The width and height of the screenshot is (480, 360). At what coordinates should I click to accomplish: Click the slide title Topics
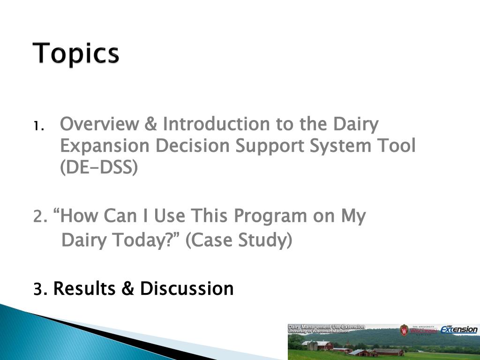[x=75, y=53]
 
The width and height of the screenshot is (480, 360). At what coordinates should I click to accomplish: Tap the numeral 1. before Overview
[x=39, y=126]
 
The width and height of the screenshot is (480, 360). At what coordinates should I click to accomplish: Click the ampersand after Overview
[x=150, y=124]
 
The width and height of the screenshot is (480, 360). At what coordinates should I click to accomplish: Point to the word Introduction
[x=216, y=124]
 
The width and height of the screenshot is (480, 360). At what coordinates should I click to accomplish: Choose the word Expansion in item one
[x=105, y=146]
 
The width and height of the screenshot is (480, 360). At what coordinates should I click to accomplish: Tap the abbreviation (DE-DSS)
[x=99, y=167]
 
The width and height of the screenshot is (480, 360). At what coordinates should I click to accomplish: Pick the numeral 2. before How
[x=40, y=216]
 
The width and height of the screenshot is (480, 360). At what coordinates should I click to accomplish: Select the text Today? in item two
[x=146, y=240]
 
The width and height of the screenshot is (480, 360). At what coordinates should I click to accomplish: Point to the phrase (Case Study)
[x=239, y=240]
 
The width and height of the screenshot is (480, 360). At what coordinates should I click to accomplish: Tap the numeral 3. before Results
[x=40, y=289]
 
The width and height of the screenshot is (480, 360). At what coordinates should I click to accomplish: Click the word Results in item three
[x=84, y=289]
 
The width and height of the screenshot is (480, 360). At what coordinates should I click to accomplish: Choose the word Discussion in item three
[x=187, y=289]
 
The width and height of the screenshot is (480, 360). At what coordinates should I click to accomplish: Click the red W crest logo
[x=404, y=330]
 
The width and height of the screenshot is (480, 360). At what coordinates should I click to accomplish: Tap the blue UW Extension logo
[x=459, y=329]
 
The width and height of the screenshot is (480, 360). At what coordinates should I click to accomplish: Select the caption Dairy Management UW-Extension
[x=326, y=327]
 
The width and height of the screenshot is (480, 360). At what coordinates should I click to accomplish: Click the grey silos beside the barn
[x=312, y=345]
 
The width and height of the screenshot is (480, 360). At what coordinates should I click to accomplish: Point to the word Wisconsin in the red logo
[x=423, y=330]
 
